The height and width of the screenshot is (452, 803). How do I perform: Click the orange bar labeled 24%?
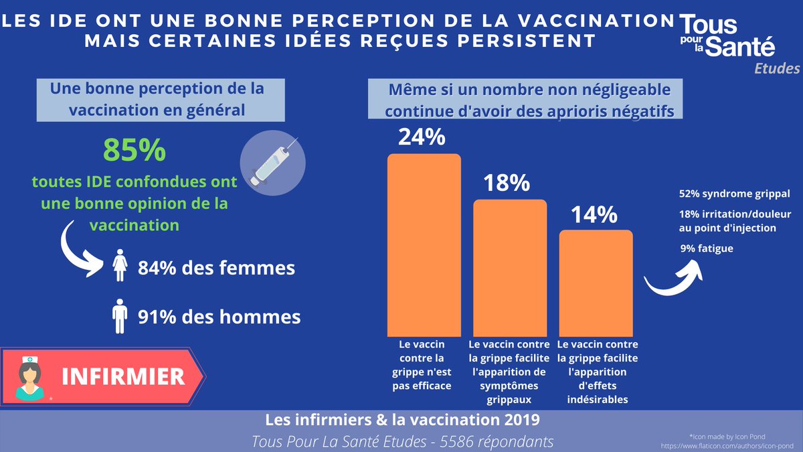424,244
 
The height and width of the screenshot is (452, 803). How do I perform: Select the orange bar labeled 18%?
510,267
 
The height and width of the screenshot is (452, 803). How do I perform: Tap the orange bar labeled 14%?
596,282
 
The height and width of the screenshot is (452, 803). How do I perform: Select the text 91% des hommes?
219,316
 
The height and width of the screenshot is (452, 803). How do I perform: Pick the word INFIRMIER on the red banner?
123,376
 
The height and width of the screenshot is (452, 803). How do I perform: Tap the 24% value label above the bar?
422,137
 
